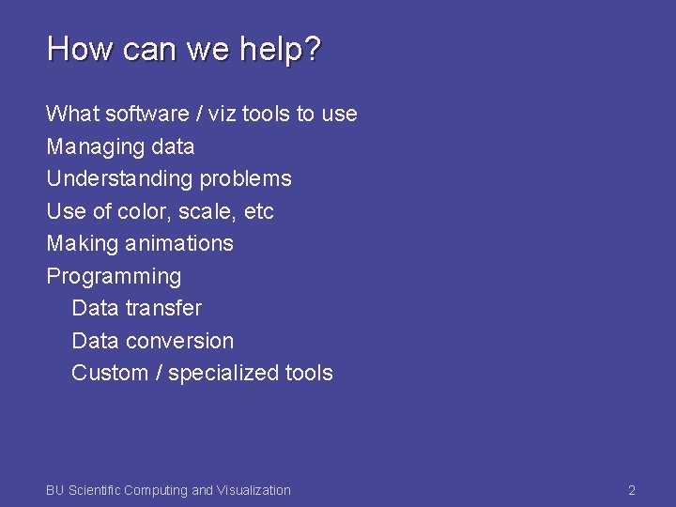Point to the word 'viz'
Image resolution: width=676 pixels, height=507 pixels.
[x=223, y=114]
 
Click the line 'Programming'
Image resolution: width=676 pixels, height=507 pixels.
[x=114, y=277]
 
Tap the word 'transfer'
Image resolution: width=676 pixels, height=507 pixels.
[x=164, y=308]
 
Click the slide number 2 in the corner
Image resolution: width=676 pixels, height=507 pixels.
[x=632, y=490]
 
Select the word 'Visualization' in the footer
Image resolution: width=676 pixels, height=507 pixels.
[x=253, y=490]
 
